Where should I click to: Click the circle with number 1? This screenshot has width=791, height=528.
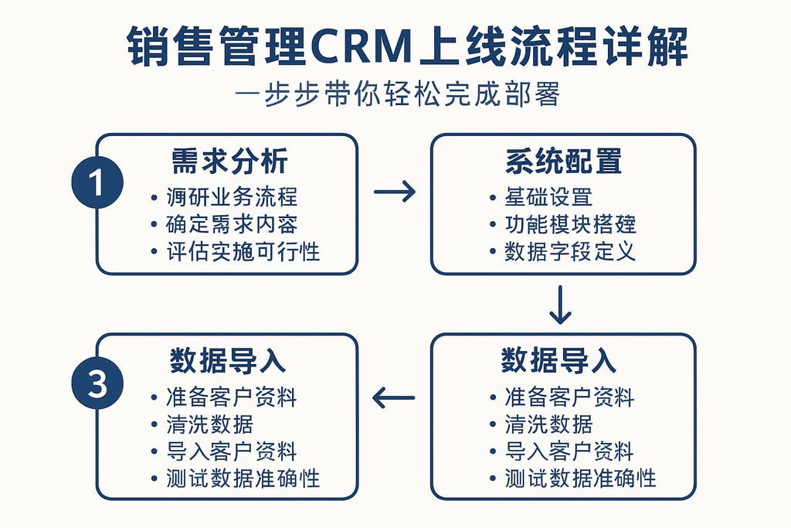[97, 184]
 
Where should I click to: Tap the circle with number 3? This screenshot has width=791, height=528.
[97, 384]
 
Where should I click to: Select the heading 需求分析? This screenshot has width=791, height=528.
[229, 161]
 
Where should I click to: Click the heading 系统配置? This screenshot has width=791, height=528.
[564, 161]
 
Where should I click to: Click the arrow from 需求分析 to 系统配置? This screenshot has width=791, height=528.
[394, 192]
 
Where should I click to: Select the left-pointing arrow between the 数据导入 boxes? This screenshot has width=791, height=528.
[394, 398]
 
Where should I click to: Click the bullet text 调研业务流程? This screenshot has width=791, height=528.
[232, 196]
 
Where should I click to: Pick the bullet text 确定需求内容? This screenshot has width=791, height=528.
[232, 223]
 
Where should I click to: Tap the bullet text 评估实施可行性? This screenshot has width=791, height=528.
[243, 250]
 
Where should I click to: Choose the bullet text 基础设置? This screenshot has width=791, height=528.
[548, 196]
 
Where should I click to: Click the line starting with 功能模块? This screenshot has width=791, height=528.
[570, 223]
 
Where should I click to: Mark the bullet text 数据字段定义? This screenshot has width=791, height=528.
[570, 250]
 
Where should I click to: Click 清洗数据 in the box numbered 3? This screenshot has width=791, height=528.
[209, 424]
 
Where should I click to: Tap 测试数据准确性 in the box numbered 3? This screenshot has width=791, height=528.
[243, 478]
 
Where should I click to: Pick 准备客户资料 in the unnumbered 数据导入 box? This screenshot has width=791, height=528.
[569, 397]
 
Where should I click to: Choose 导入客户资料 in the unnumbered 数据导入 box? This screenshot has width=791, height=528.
[569, 451]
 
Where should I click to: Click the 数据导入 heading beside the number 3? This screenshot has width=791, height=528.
[228, 361]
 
